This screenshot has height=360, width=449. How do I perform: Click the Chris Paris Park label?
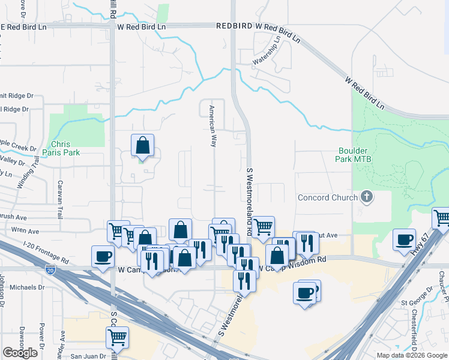65,148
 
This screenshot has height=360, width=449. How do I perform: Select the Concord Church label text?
328,198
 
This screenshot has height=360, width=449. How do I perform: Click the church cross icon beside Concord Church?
367,197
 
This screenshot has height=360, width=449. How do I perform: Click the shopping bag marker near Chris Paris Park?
143,146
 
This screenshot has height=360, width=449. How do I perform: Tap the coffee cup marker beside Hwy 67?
405,240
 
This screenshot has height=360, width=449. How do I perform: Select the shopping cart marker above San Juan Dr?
116,337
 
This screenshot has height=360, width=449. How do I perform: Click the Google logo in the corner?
20,353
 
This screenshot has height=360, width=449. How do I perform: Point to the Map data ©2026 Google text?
411,355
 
